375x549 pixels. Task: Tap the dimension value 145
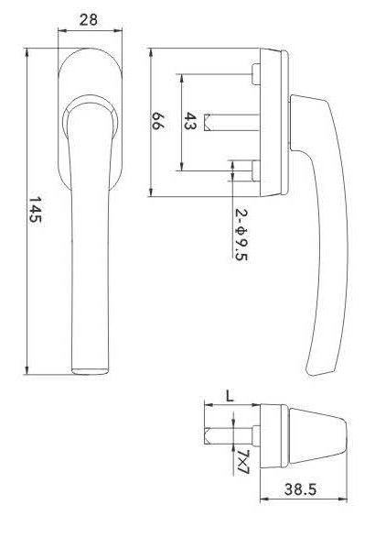pyautogui.click(x=36, y=212)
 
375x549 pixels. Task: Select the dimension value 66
pyautogui.click(x=158, y=121)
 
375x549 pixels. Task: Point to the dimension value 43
pyautogui.click(x=190, y=121)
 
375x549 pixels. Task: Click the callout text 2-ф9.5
pyautogui.click(x=241, y=235)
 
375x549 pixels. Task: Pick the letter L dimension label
pyautogui.click(x=229, y=396)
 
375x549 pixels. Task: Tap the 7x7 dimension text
pyautogui.click(x=242, y=462)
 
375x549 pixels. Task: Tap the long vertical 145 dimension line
pyautogui.click(x=26, y=212)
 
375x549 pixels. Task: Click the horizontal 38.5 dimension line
pyautogui.click(x=306, y=500)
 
